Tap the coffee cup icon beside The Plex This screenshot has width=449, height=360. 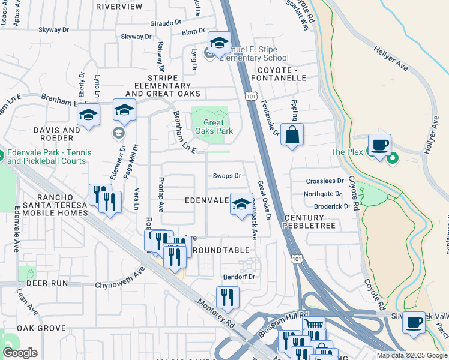pyautogui.click(x=379, y=145)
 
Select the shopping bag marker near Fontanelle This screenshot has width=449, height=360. pyautogui.click(x=292, y=135)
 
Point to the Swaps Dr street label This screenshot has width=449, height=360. pyautogui.click(x=227, y=176)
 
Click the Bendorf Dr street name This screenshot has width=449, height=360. pyautogui.click(x=240, y=277)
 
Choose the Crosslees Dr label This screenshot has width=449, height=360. pyautogui.click(x=324, y=181)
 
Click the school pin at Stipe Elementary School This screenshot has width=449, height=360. pyautogui.click(x=219, y=43)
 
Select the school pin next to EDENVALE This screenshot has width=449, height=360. pyautogui.click(x=241, y=204)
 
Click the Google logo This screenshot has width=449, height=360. pyautogui.click(x=20, y=353)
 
